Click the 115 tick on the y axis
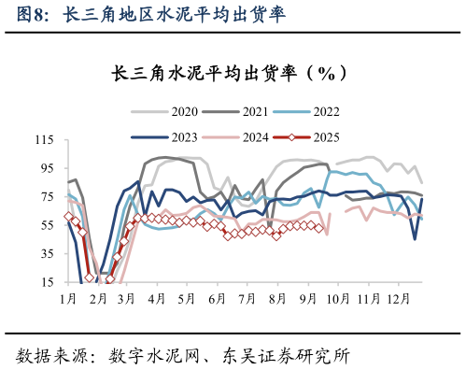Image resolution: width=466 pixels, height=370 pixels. [x=44, y=140]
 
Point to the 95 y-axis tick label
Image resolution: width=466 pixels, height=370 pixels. [x=47, y=168]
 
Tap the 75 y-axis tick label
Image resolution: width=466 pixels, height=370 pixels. [x=47, y=197]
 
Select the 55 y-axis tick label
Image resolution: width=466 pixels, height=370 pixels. [x=47, y=225]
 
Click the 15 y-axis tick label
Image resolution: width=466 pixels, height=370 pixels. [x=47, y=282]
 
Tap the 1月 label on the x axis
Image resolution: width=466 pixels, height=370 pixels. [x=67, y=298]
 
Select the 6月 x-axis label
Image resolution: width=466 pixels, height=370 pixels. [x=217, y=298]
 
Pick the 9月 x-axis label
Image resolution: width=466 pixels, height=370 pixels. [x=306, y=298]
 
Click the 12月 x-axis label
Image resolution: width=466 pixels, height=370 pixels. [x=396, y=298]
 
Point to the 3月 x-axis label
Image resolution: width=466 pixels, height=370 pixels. [x=127, y=298]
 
